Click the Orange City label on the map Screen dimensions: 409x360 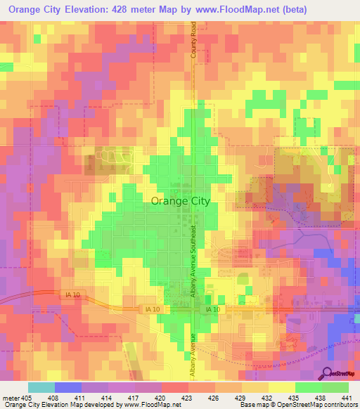[x=181, y=200]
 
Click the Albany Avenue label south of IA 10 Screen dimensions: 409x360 [x=193, y=355]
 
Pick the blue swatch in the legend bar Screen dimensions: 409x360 [x=67, y=387]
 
